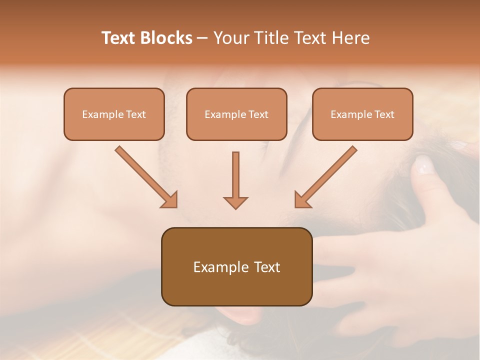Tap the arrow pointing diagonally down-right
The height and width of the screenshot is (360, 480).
(x=145, y=175)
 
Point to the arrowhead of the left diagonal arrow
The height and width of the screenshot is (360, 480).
(x=170, y=200)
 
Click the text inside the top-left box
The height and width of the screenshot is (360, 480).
(x=114, y=114)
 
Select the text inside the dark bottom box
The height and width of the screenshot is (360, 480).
(x=236, y=267)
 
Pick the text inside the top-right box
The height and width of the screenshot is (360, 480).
(x=362, y=114)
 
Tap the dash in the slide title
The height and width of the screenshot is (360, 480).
(x=202, y=38)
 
